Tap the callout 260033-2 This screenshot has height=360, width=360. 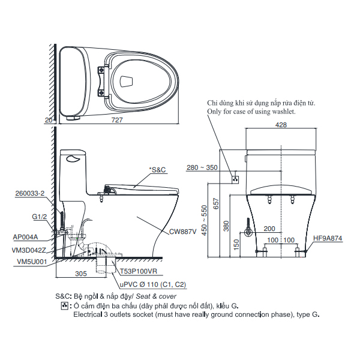pyautogui.click(x=28, y=194)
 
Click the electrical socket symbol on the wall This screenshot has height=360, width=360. pyautogui.click(x=236, y=178)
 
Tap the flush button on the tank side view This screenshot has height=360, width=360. pyautogui.click(x=73, y=159)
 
